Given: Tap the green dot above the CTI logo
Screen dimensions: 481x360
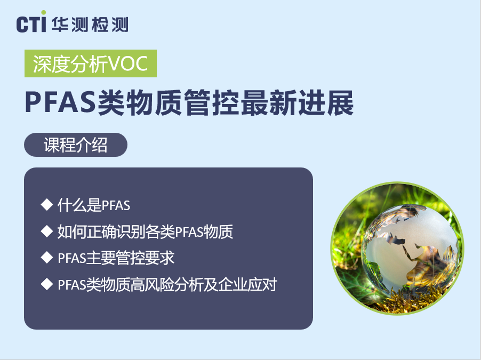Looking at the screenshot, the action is point(44,13).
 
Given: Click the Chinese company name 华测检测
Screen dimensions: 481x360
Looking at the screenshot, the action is point(90,24).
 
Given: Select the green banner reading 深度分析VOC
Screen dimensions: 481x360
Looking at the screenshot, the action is point(91,63).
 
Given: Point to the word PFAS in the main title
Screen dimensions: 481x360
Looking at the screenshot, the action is point(60,102).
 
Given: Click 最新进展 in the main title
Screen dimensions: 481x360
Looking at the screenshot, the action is point(297,102).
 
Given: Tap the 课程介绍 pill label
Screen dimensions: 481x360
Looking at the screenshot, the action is point(76,145).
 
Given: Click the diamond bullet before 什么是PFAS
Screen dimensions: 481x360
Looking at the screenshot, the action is point(47,205).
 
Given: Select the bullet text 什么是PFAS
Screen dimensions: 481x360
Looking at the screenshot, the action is point(94,205).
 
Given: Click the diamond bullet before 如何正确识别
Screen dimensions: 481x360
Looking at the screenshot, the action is point(47,231).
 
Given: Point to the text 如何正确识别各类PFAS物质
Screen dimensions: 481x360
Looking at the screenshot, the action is point(145,231).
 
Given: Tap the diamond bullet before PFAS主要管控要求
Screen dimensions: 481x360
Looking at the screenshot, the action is point(47,258).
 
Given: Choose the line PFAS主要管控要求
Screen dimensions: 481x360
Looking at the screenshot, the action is point(116,258).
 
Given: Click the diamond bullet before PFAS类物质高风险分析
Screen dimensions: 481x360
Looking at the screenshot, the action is point(47,284).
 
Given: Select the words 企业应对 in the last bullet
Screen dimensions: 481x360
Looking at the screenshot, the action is point(247,284).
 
